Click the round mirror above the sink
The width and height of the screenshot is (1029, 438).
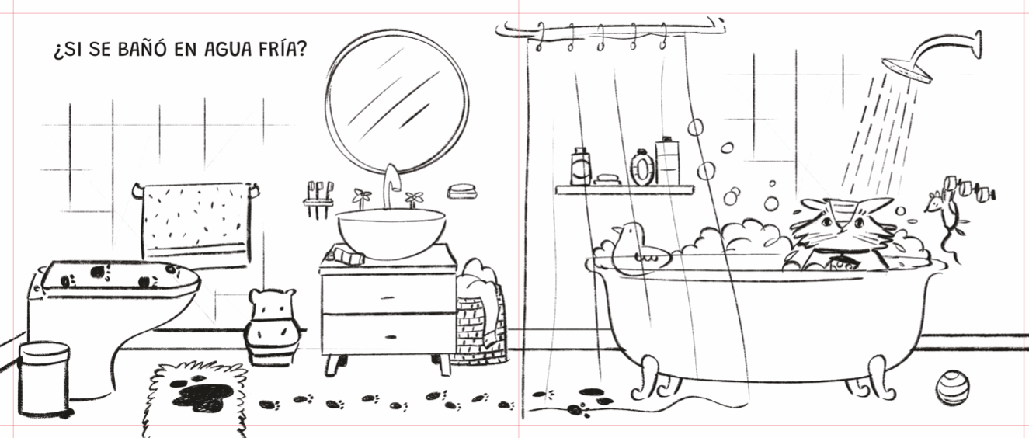click(x=398, y=102)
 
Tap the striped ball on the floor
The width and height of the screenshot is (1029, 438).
click(x=953, y=388)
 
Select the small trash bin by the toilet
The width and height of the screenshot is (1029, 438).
click(x=44, y=379)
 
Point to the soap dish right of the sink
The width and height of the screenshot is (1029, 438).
click(x=461, y=191)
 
